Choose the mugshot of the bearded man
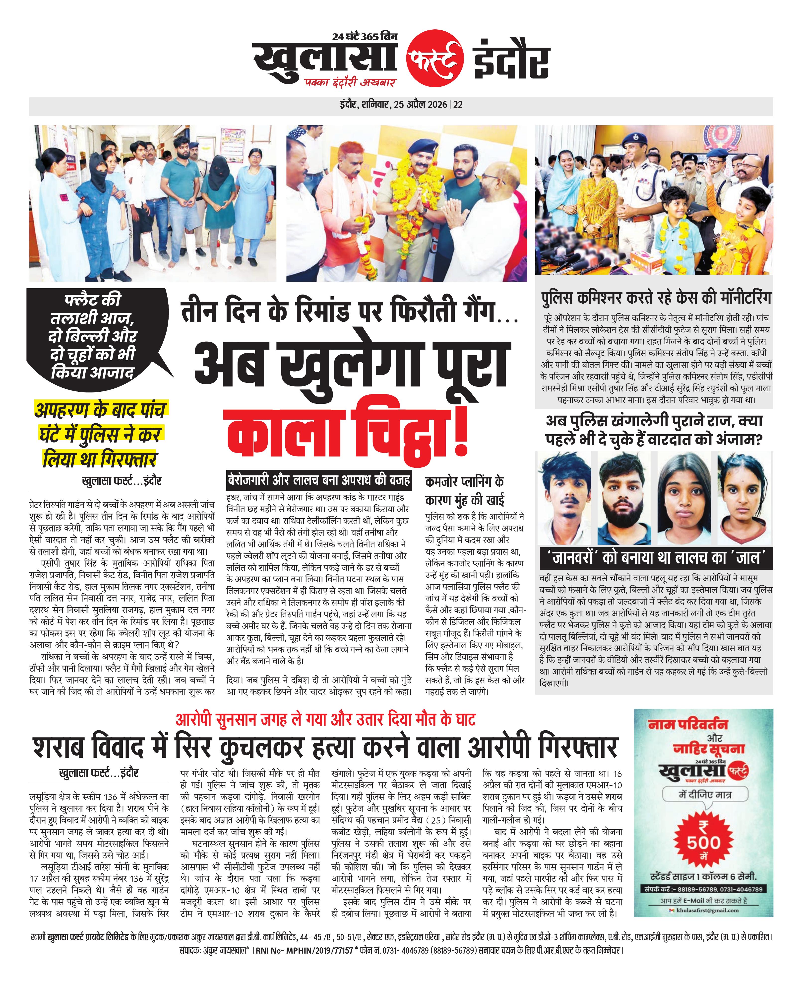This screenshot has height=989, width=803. tap(622, 498)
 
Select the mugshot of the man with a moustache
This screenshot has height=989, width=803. tap(564, 498)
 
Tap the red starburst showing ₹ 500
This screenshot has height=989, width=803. tap(703, 842)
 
